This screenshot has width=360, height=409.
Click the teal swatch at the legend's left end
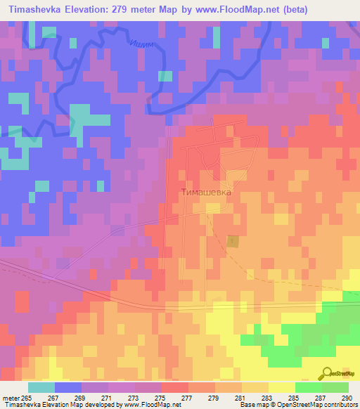41,387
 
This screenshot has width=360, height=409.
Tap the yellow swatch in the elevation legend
281,387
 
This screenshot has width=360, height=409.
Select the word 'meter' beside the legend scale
11,398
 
